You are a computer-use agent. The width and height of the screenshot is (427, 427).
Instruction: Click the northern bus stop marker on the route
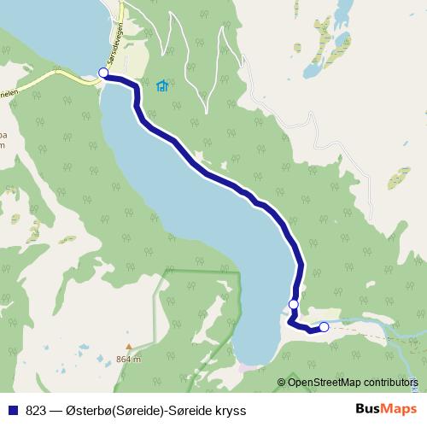[x=104, y=73]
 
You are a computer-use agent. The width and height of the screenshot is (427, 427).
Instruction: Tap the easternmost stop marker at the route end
[x=324, y=326]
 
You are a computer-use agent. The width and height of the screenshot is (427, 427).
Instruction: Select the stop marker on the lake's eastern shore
[x=294, y=304]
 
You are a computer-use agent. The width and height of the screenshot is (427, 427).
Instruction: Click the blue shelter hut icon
[x=161, y=85]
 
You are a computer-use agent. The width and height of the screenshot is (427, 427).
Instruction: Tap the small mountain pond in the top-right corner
[x=344, y=12]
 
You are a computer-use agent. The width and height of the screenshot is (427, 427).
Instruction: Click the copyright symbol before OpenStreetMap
[x=282, y=382]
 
